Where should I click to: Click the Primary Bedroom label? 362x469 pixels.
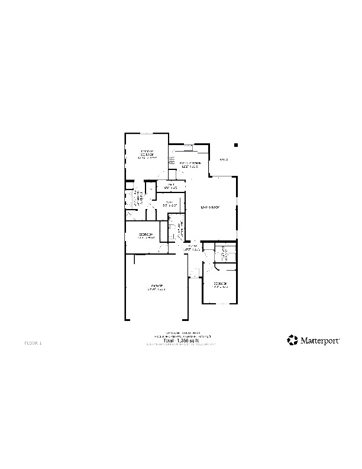pos(147,155)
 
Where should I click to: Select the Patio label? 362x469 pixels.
pos(223,160)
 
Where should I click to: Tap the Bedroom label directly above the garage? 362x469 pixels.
pos(146,236)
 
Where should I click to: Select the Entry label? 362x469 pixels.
pos(192,248)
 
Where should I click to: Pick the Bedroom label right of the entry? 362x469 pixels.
pos(221,285)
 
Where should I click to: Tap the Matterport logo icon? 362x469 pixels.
pos(292,339)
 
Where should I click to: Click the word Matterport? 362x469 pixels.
pos(320,340)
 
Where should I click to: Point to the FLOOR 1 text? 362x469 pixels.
pos(33,343)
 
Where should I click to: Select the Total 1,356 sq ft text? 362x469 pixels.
pos(182,340)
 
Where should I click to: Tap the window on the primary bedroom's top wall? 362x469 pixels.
pos(146,134)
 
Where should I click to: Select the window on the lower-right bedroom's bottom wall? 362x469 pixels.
pos(219,304)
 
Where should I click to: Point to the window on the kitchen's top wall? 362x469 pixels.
pos(188,144)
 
